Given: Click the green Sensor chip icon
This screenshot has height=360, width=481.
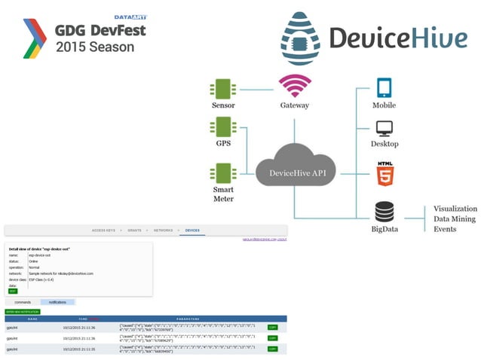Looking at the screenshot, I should pyautogui.click(x=222, y=90).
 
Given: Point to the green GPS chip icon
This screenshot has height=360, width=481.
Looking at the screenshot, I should pyautogui.click(x=222, y=126).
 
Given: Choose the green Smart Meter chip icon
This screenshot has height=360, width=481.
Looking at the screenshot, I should pyautogui.click(x=222, y=172).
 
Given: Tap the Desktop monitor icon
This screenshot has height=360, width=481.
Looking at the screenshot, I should pyautogui.click(x=384, y=128).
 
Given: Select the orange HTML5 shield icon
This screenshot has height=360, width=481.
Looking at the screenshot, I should pyautogui.click(x=384, y=172).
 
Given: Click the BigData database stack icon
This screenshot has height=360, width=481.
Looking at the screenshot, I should pyautogui.click(x=384, y=212).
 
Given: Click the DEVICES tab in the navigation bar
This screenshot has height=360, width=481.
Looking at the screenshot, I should pyautogui.click(x=192, y=230).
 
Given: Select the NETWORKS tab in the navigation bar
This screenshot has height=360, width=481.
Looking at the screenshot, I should pyautogui.click(x=163, y=230).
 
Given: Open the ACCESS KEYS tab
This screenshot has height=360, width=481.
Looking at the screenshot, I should pyautogui.click(x=104, y=230).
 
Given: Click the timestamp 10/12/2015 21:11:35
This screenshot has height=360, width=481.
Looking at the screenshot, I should pyautogui.click(x=79, y=349).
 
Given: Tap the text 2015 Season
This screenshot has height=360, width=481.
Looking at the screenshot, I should pyautogui.click(x=95, y=47).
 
